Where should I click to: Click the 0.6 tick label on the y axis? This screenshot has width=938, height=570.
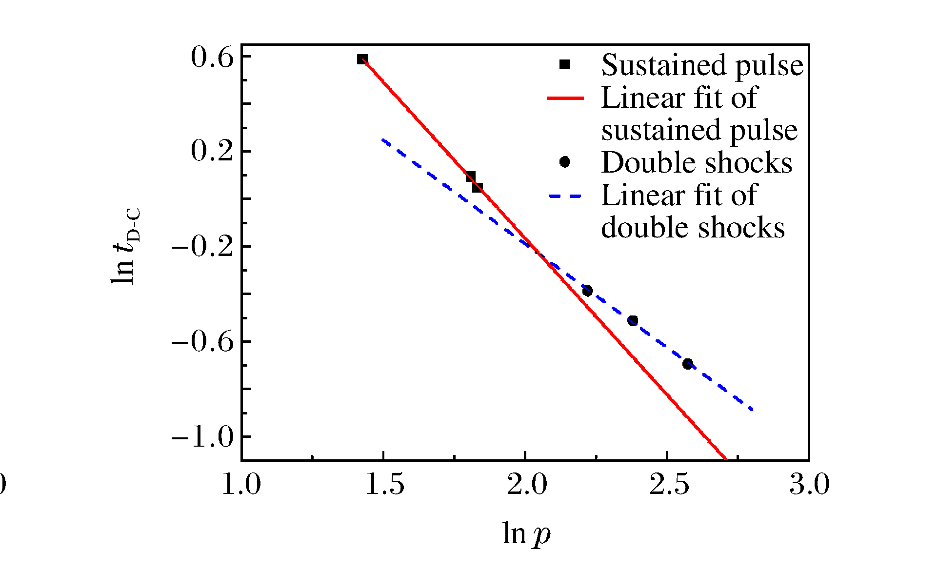pos(212,58)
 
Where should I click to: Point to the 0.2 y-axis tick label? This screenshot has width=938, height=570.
pos(212,151)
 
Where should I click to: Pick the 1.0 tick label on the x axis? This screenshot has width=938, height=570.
pos(241,485)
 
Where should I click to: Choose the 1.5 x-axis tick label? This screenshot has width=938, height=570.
pos(384,485)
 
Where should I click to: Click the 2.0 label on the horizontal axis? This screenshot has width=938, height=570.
pos(526,485)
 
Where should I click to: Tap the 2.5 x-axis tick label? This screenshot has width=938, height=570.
pos(669,485)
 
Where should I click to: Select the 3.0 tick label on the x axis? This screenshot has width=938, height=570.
pos(810,485)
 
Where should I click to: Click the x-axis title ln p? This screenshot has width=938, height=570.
pos(526,533)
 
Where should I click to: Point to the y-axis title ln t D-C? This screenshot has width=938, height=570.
pos(125,246)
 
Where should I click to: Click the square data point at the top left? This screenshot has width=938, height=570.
pos(362,59)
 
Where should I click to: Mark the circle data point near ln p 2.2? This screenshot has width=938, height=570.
pos(587,291)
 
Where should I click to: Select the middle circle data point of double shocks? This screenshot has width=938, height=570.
pos(633,320)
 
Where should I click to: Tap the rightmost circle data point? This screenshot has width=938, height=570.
pos(688,364)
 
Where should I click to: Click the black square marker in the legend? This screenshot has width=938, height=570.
pos(565,64)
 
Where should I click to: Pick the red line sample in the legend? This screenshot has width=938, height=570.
pos(565,98)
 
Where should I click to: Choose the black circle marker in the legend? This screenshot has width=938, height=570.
pos(565,162)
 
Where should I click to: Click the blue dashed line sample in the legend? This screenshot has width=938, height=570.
pos(565,196)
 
